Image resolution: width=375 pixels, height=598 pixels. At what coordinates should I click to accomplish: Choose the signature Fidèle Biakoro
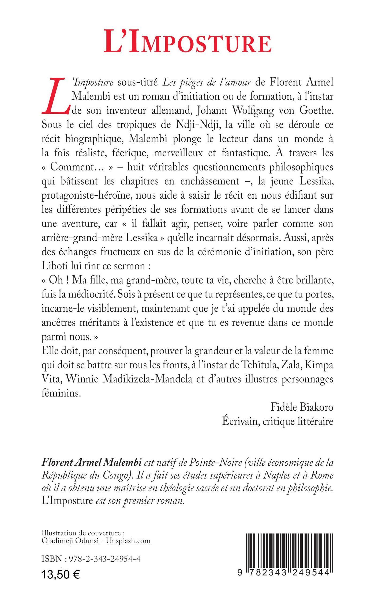coord(302,407)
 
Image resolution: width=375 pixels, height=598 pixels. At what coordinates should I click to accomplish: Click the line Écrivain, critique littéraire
coord(277,421)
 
